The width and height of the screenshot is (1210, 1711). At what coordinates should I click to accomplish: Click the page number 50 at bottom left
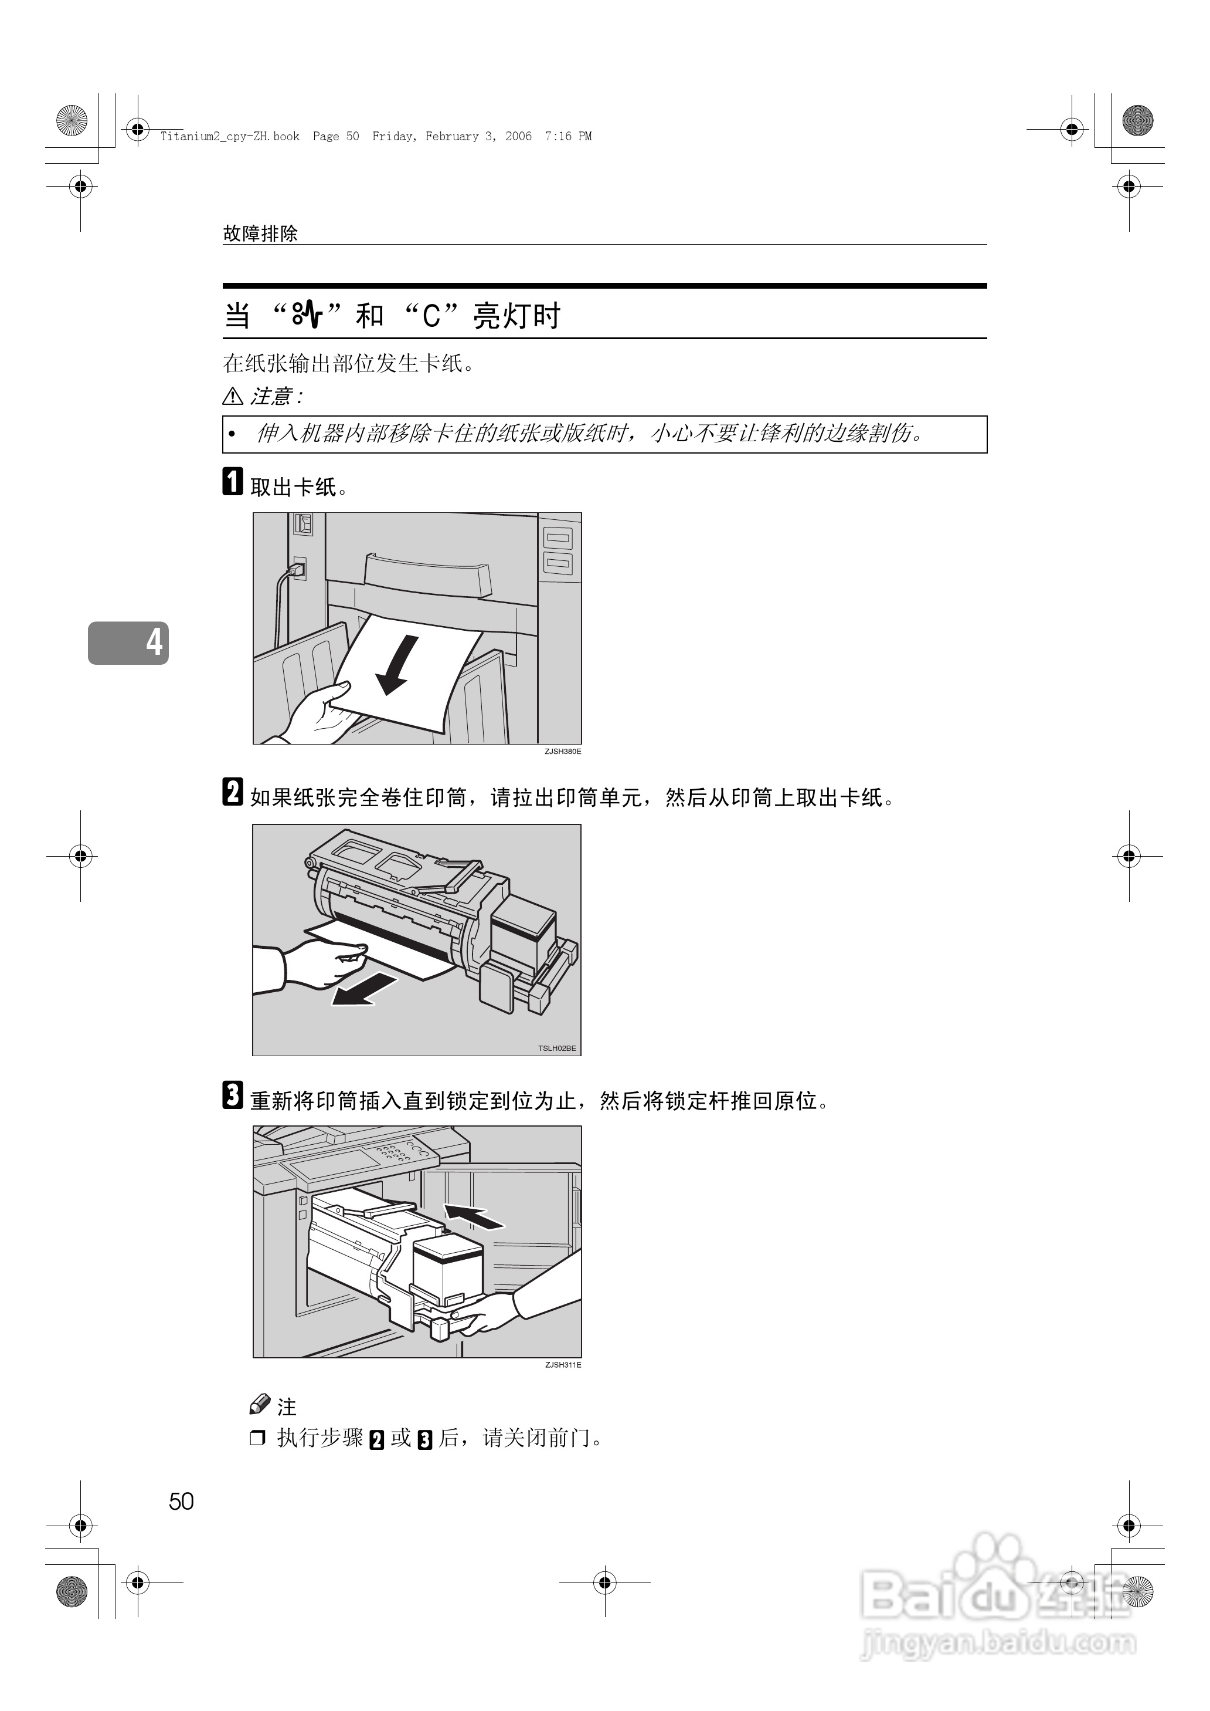point(181,1501)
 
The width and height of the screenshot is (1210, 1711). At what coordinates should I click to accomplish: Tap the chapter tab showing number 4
point(128,642)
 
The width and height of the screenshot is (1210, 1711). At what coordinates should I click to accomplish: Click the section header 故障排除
point(260,234)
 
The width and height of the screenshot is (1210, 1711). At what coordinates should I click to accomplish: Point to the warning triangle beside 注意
point(233,396)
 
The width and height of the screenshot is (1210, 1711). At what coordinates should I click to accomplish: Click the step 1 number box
point(233,482)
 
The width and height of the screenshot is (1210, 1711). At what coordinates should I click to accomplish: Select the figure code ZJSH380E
point(563,752)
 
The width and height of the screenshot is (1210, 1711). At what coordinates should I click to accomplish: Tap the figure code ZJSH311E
point(563,1365)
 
